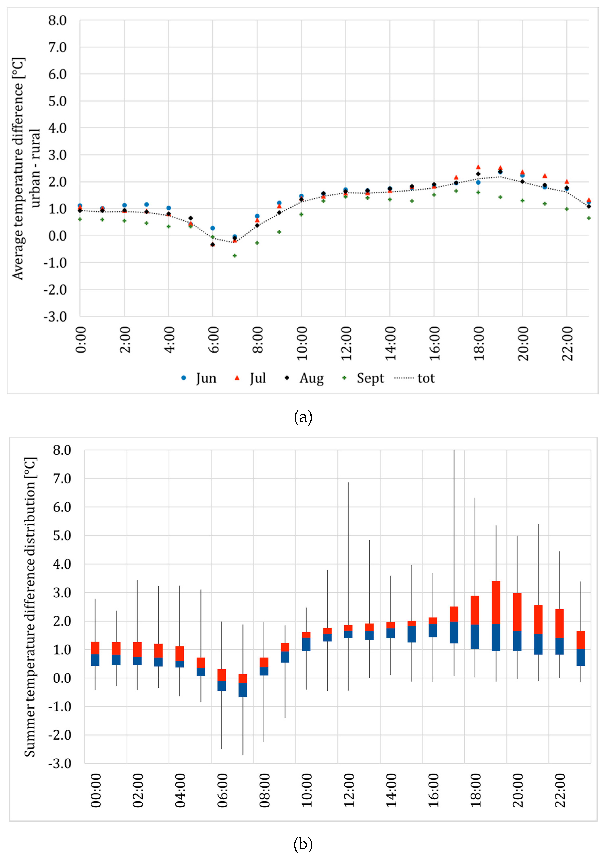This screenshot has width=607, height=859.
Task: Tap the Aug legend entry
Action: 304,378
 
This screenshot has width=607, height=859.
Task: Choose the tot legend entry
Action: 415,378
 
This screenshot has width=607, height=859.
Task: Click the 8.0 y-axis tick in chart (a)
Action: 57,21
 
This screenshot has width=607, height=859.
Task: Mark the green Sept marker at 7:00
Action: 235,256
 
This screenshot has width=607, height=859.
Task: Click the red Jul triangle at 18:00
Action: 478,167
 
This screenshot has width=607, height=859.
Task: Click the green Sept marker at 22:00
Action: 567,209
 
